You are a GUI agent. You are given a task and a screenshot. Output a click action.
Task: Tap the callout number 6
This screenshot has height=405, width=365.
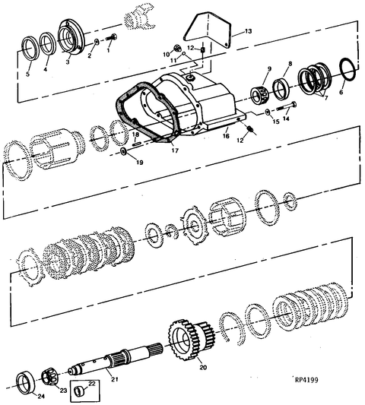341,91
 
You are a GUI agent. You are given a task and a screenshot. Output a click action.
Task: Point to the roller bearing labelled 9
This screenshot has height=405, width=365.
262,95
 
